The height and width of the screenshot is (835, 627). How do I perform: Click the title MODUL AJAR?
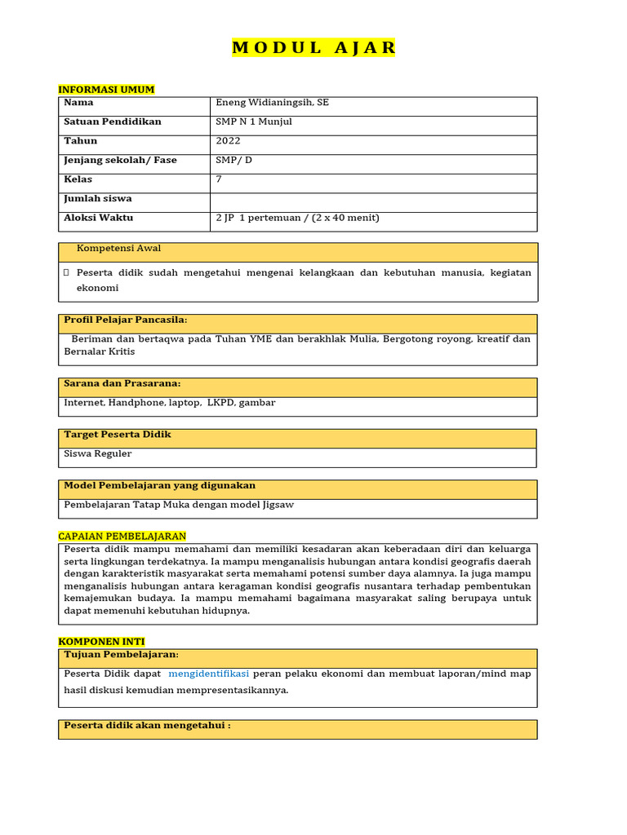[313, 48]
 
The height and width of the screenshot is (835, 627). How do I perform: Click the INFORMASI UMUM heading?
[106, 90]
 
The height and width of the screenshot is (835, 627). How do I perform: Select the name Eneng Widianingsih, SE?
[272, 103]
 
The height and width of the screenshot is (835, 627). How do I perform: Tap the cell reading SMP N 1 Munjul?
[254, 122]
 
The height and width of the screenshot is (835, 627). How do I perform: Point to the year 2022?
[228, 141]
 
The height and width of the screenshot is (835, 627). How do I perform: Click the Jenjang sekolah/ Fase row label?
[120, 161]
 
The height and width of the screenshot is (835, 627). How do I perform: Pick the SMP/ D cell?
[234, 161]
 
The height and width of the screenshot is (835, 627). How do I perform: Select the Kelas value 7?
[219, 179]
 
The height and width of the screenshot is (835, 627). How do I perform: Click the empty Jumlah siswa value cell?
[373, 199]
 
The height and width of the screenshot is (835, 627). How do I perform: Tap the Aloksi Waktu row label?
[98, 219]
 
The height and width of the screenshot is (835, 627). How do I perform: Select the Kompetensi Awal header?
[118, 249]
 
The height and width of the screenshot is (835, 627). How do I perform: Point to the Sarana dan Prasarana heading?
[122, 383]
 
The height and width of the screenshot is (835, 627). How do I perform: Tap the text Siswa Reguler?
[97, 454]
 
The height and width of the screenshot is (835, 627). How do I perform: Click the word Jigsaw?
[278, 505]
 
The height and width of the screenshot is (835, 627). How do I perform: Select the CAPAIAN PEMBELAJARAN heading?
[122, 537]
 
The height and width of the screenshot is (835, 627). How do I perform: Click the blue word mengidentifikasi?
[208, 674]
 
